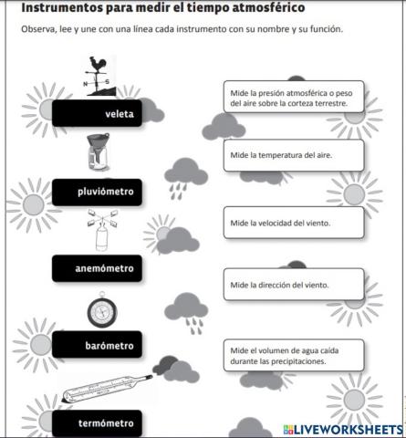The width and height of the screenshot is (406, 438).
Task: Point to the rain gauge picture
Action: click(x=95, y=153)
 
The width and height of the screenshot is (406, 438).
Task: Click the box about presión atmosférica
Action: click(x=292, y=97)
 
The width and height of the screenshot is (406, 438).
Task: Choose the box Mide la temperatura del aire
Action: click(x=292, y=155)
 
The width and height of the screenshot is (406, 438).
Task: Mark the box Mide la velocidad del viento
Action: click(x=292, y=223)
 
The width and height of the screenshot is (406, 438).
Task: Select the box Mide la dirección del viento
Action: click(x=292, y=285)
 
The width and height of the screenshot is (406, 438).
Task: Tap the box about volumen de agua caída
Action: click(x=292, y=355)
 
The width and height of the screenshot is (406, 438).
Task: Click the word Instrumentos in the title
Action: click(x=65, y=8)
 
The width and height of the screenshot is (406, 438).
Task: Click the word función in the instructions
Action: click(x=321, y=30)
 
